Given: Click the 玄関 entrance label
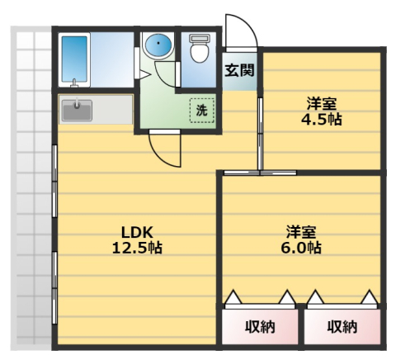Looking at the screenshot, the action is point(239,70).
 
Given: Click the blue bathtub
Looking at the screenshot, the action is point(74,59).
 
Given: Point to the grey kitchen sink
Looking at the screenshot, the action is point(77,110).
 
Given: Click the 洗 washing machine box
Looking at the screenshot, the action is point(202,111).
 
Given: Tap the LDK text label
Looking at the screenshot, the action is point(137,233).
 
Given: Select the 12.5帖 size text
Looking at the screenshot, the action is point(137,248).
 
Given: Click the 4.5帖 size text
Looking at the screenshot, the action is point(322,120).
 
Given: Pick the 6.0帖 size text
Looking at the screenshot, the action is point(301,248).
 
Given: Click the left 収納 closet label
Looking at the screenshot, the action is point(260,327).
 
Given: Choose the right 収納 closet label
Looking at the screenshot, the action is point(342,327).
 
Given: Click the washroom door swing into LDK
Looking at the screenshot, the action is point(159,155).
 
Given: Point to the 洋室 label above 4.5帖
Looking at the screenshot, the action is point(322,104).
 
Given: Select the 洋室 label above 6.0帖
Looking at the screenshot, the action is point(301,233).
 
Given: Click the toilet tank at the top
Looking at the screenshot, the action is point(200,38).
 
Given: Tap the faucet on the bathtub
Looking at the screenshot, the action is point(74,83).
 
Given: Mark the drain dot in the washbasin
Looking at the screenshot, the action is point(158,43).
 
